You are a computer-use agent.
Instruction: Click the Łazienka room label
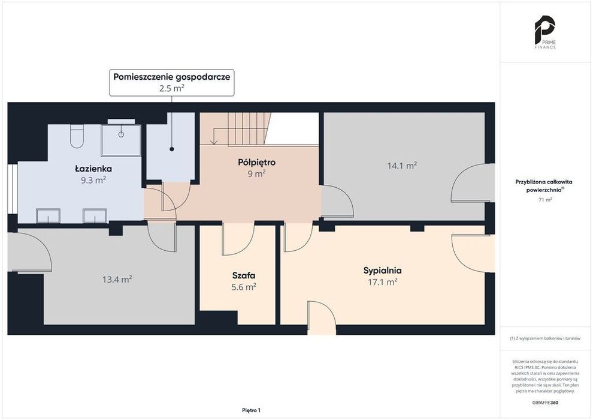pos(93,169)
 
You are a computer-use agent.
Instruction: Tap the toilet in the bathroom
pos(77,137)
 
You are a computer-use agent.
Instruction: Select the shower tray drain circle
pos(121,134)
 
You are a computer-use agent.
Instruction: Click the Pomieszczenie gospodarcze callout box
pos(172,83)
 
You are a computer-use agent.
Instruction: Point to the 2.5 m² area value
pos(172,88)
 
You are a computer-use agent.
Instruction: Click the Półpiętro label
pos(257,162)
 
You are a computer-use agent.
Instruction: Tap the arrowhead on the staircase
pos(214,142)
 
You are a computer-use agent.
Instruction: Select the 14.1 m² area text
pos(402,166)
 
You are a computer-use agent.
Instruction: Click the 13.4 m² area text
pos(117,280)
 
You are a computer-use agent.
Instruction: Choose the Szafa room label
pos(244,275)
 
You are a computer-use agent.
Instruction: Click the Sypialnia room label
pos(382,271)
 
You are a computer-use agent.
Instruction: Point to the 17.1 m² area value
pos(382,282)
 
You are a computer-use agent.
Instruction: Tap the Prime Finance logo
pos(545,32)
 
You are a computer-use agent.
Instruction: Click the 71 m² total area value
pos(545,200)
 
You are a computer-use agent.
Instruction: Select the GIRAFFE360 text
pos(545,402)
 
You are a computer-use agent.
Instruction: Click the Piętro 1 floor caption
pos(251,410)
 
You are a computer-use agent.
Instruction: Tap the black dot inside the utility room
pos(172,149)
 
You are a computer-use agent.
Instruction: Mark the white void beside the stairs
pos(292,129)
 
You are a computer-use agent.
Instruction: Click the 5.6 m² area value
pos(244,287)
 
